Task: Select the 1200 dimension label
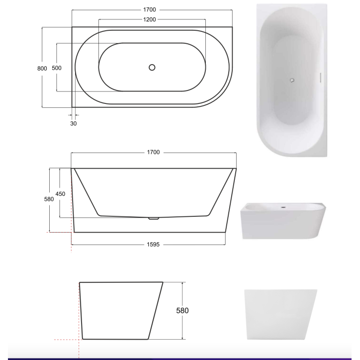coord(149,19)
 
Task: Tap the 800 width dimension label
coord(42,68)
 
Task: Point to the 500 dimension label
coord(57,68)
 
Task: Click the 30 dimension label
coord(73,124)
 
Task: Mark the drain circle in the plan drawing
coord(152,67)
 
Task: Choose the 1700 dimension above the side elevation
coord(153,152)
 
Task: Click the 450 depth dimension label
coord(60,193)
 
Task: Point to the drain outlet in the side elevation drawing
coord(154,218)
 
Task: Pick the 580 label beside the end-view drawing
coord(182,311)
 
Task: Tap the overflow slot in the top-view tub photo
coord(320,78)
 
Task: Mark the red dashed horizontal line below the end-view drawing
coord(67,340)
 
